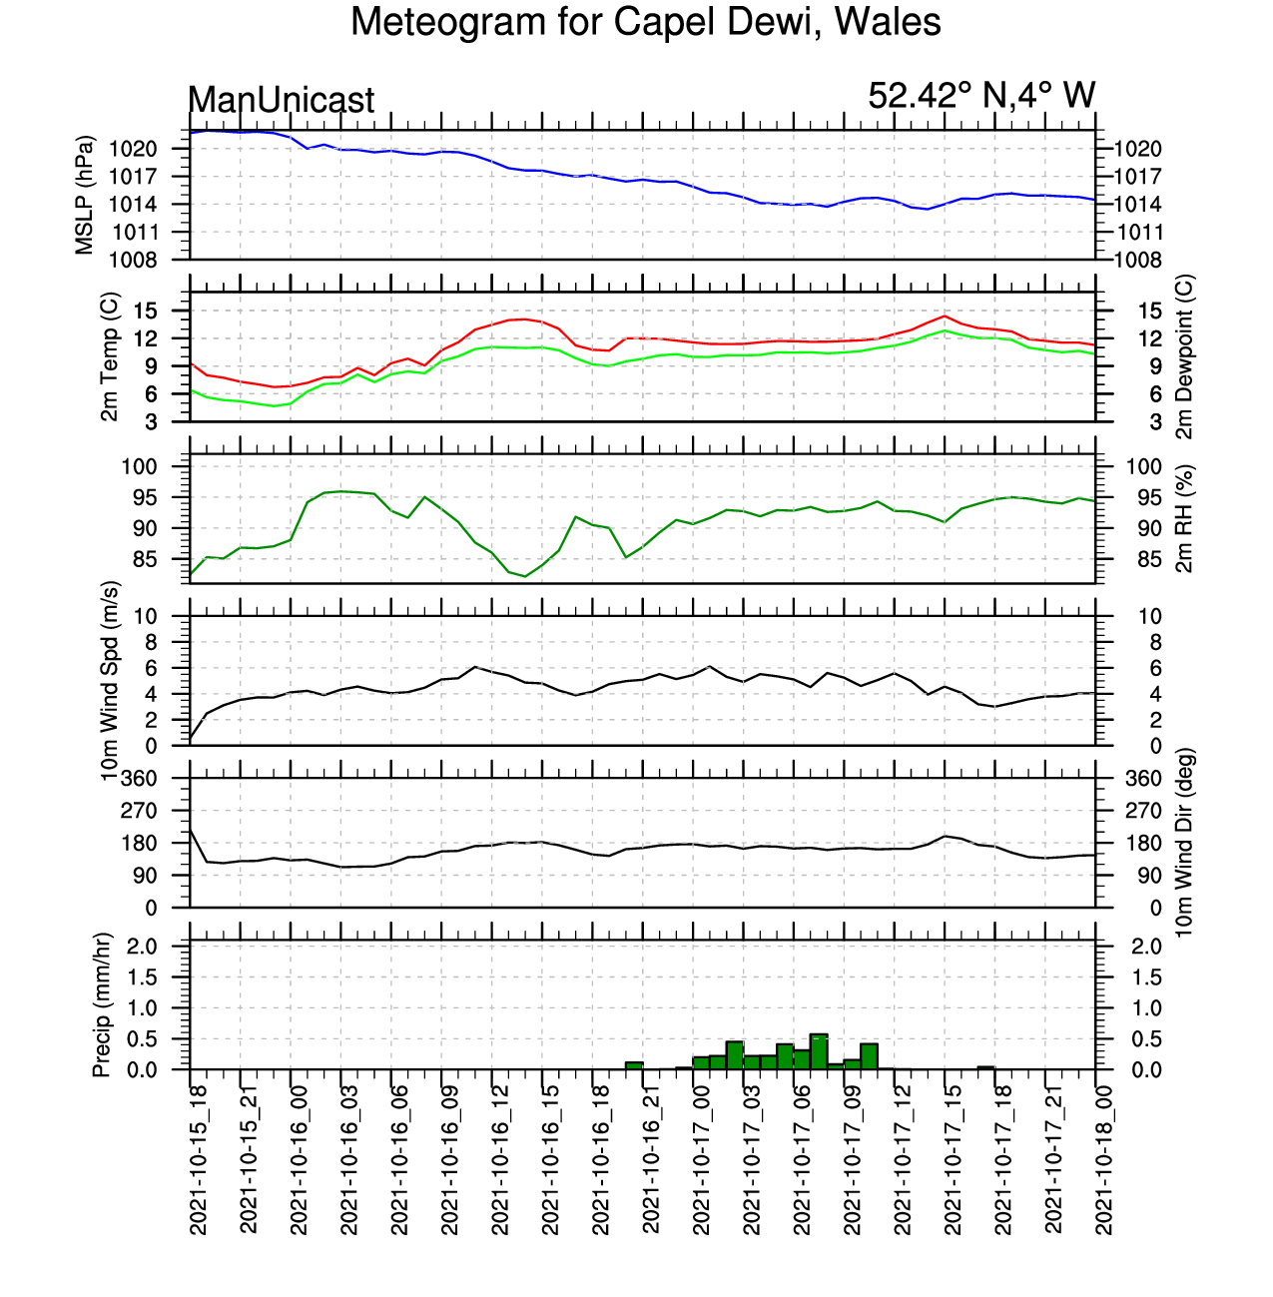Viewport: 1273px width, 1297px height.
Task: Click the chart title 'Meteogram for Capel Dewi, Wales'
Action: [645, 22]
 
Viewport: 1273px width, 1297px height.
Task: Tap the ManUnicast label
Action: [281, 100]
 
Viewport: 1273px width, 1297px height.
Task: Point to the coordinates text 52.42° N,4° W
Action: [981, 96]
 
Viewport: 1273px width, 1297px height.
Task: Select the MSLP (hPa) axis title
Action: [85, 195]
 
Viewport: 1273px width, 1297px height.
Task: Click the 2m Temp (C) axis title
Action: [110, 356]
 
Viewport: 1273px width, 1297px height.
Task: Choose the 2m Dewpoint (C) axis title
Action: [1184, 356]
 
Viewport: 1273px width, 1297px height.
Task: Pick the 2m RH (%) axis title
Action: [1184, 519]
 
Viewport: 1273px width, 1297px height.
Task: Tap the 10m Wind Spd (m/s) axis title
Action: [110, 681]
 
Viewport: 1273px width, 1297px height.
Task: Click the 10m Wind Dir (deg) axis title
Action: [1184, 843]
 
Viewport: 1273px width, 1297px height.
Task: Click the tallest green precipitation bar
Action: [819, 1051]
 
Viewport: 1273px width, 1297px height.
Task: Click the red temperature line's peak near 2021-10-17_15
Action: [945, 316]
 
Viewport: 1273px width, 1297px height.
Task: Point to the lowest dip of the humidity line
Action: [525, 576]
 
